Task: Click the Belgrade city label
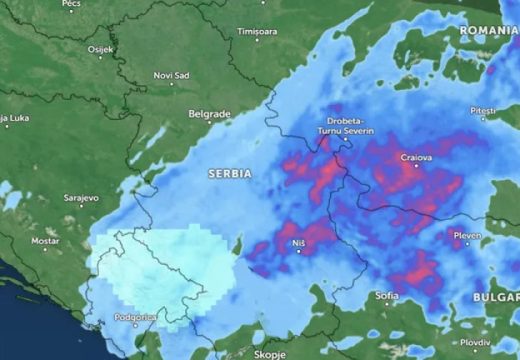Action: pos(209,113)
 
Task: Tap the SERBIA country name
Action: pos(229,173)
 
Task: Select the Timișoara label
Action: pos(256,32)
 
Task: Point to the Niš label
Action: pos(297,240)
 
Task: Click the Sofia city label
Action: pos(386,296)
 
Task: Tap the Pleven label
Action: pos(466,235)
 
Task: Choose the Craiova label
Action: pos(415,158)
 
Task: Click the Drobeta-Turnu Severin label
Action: pos(345,125)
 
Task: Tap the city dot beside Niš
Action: pos(297,250)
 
